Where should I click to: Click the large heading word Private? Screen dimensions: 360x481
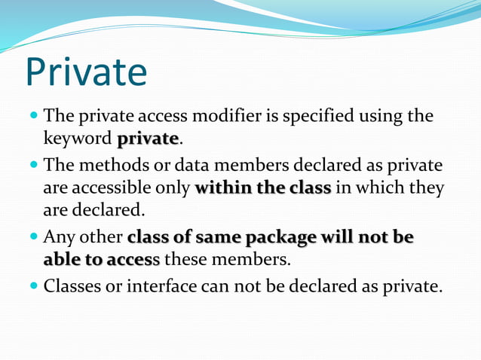coord(85,72)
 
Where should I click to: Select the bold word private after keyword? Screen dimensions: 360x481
coord(148,140)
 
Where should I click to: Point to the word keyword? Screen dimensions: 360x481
coord(77,140)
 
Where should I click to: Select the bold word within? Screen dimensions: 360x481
coord(224,188)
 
